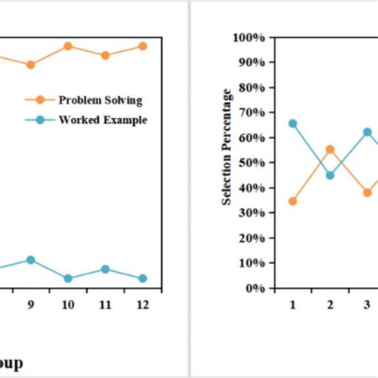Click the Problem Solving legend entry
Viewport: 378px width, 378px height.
100,100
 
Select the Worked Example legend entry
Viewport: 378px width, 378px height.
102,120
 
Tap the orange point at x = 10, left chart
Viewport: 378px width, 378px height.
68,46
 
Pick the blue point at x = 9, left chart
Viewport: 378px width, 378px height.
30,260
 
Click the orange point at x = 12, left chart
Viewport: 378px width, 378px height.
143,46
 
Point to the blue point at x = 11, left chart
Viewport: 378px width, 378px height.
104,270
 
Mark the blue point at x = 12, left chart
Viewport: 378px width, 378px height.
143,278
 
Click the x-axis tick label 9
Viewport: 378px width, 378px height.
30,304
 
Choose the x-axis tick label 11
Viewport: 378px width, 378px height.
104,304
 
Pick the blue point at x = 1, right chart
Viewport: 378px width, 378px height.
293,124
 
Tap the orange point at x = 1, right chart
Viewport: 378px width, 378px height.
293,201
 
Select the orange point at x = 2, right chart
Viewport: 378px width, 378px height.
330,149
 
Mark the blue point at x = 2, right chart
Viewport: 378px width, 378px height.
330,175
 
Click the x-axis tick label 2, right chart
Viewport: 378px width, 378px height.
330,304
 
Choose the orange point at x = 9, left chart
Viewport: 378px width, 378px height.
30,65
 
